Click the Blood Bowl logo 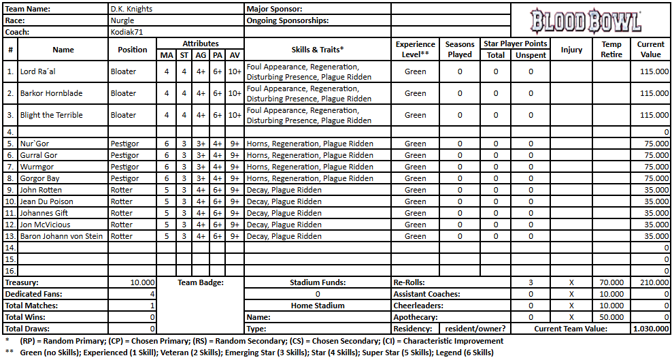(586, 20)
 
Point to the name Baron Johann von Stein (61, 236)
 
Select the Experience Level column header (416, 49)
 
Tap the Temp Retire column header (611, 49)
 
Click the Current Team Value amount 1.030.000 (651, 329)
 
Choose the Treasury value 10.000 (142, 282)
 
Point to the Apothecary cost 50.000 (611, 317)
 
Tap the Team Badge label (201, 282)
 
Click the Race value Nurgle (122, 20)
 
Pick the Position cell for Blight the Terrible (124, 115)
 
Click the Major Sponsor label (274, 10)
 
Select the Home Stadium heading (318, 306)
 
